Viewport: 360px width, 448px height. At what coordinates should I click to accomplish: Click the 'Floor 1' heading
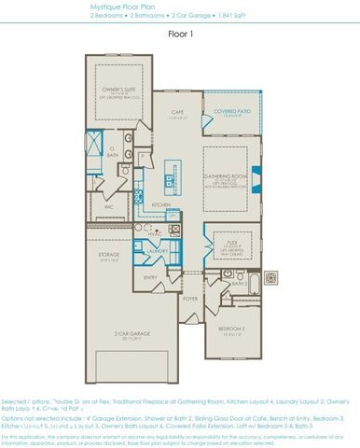[179, 34]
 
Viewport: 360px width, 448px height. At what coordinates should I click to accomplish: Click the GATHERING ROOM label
[227, 174]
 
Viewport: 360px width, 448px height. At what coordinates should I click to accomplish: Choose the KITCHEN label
[160, 204]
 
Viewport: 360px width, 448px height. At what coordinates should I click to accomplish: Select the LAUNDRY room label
[158, 250]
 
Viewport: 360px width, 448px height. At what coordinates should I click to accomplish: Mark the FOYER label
[190, 299]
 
